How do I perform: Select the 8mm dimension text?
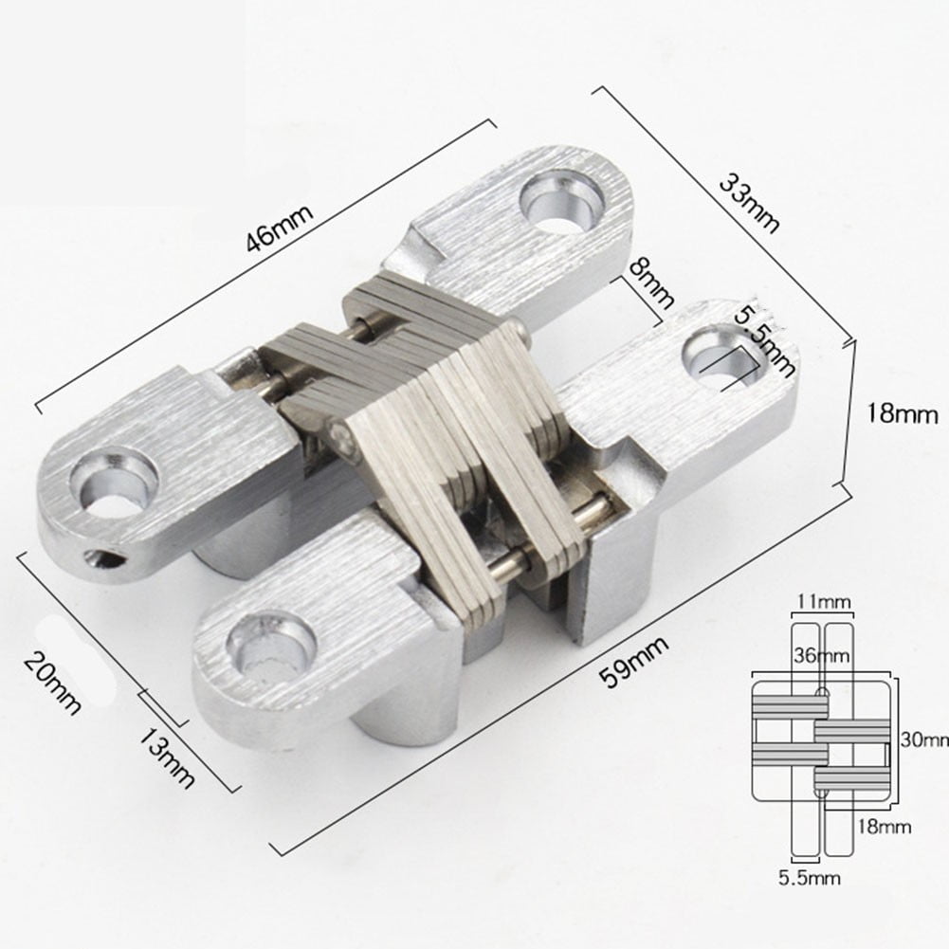652,285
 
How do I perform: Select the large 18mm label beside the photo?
903,414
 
